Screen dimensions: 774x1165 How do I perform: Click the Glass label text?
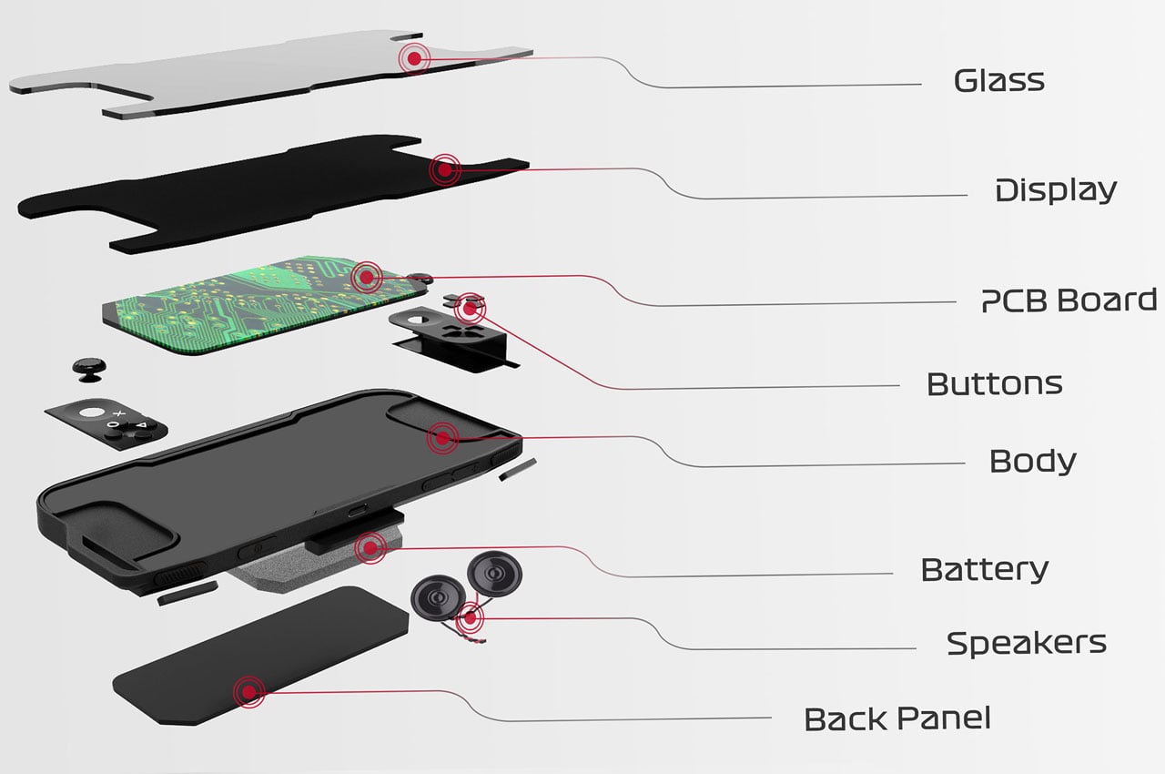998,81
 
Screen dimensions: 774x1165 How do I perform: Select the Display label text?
1055,191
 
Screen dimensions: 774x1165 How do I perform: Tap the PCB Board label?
1069,300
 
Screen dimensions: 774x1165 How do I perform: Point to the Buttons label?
994,383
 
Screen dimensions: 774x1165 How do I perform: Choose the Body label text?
1032,461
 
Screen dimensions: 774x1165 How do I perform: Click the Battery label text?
984,570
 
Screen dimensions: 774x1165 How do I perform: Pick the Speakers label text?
1026,643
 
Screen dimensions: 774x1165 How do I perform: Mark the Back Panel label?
897,718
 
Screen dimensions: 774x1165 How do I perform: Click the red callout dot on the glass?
415,57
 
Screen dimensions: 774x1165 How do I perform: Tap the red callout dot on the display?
444,168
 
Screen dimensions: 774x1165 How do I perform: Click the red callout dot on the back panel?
247,692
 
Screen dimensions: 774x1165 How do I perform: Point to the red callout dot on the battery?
370,547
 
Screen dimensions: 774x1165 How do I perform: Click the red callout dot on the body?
442,438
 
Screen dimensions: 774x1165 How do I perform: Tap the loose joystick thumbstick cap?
88,369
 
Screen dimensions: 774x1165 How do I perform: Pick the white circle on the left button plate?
92,412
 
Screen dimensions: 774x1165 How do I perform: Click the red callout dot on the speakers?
470,619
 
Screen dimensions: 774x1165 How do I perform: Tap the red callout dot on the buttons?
470,309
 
